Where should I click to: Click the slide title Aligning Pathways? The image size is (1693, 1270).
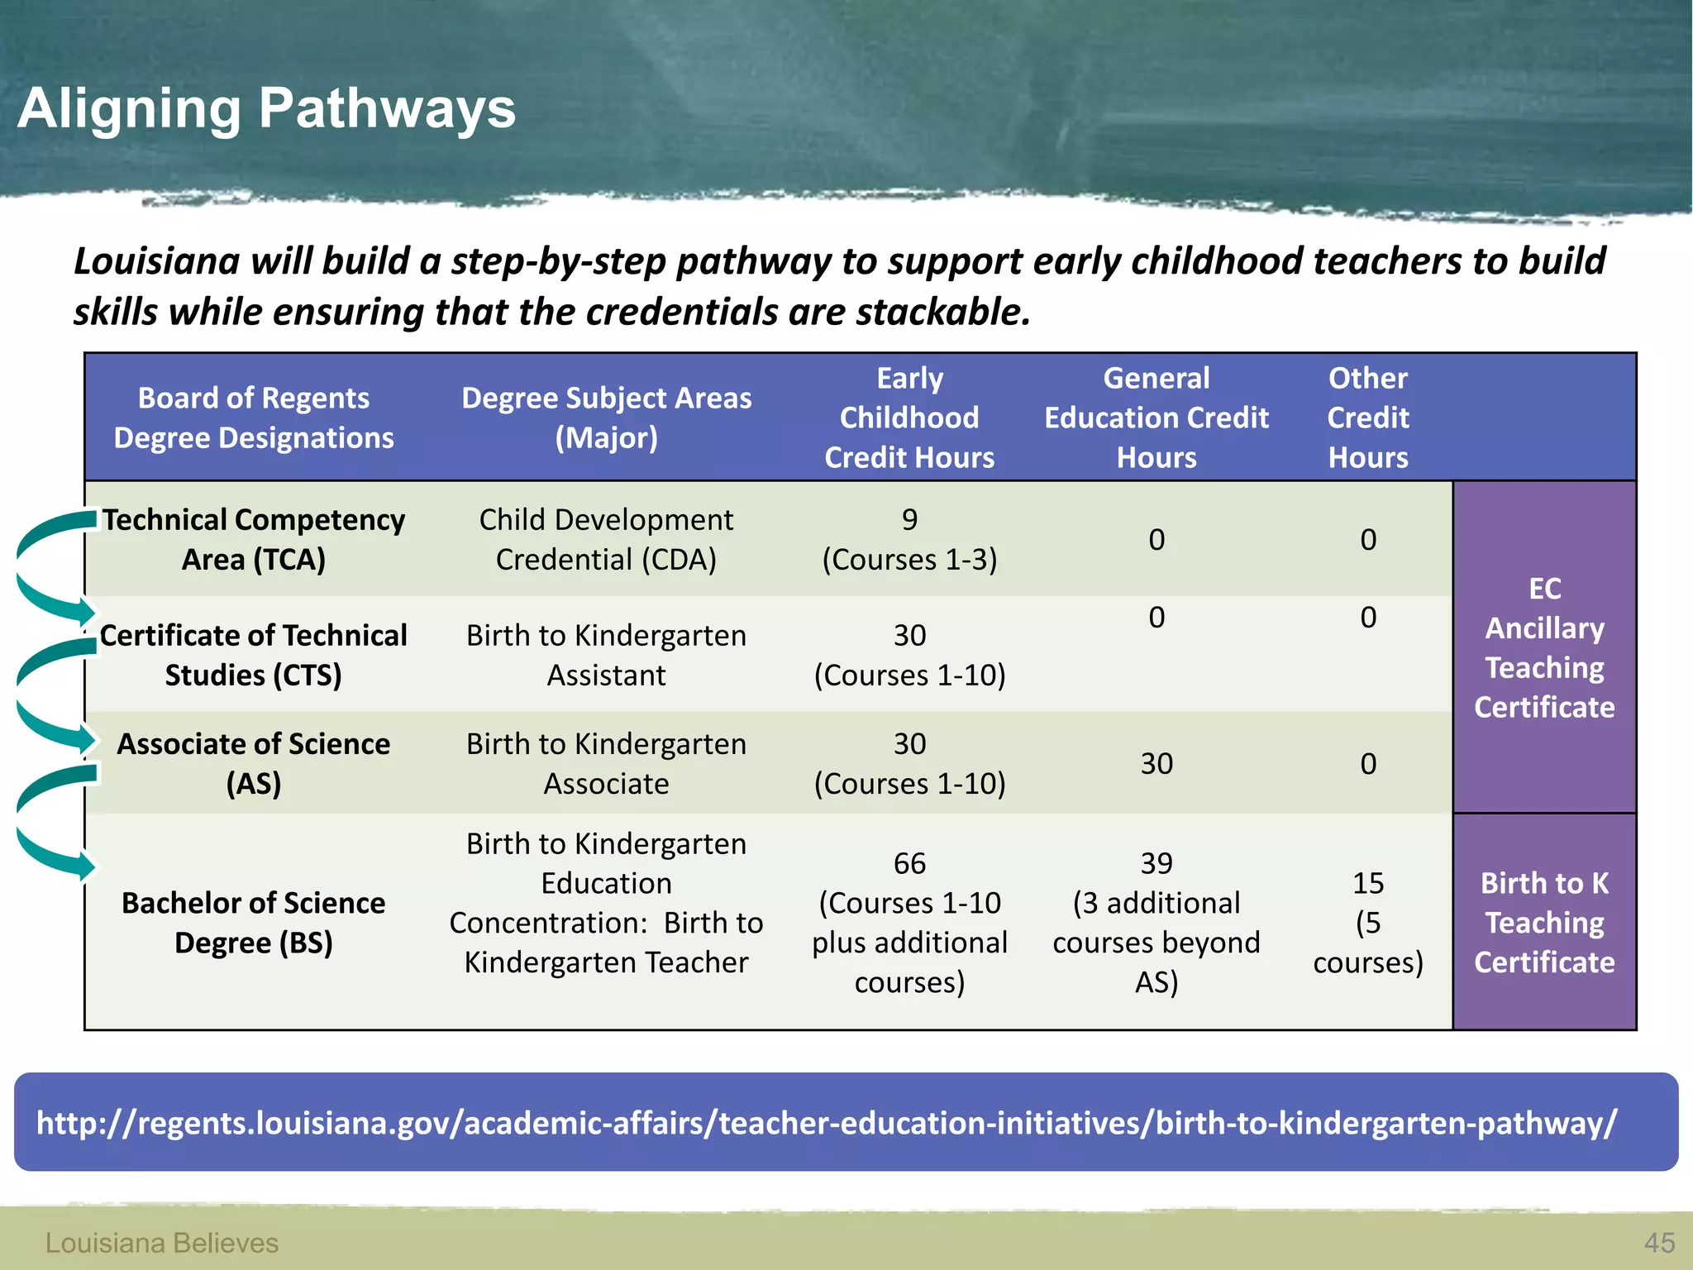(266, 108)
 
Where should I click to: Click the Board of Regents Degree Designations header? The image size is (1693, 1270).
(254, 418)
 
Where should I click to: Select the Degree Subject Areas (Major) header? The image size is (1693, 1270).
(606, 418)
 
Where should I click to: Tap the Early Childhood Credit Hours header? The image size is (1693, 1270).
(909, 418)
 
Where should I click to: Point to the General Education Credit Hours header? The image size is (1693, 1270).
(1156, 418)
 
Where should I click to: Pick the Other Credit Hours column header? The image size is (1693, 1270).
(1368, 418)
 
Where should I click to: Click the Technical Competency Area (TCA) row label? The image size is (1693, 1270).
(254, 539)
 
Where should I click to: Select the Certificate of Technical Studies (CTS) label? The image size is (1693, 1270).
(254, 655)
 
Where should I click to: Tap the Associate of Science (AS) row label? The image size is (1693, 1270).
(254, 763)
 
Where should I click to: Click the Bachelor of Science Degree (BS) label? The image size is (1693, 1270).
(254, 922)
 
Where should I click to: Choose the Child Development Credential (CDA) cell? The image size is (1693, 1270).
(606, 539)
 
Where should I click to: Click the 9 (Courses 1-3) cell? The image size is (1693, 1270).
(909, 539)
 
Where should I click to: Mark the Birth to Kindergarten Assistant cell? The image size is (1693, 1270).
(606, 655)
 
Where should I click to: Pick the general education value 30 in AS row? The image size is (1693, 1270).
(1156, 763)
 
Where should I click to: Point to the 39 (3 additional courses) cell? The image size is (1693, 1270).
(1156, 922)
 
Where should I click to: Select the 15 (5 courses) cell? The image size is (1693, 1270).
(1368, 922)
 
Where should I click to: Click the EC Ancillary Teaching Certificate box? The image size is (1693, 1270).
(1544, 647)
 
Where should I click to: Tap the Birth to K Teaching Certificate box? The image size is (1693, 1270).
(1544, 922)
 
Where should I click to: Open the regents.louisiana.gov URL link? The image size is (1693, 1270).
(827, 1123)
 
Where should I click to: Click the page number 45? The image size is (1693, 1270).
(1659, 1242)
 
